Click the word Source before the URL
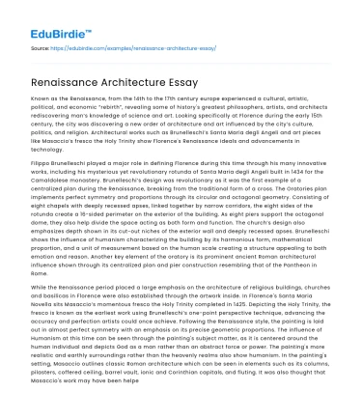click(39, 44)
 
